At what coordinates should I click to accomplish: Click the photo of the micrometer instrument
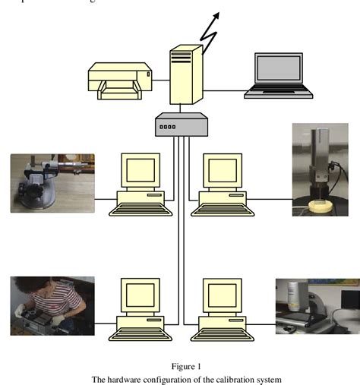[x=52, y=183]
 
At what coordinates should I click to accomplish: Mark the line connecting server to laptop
[x=224, y=91]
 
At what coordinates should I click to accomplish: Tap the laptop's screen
[x=279, y=69]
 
